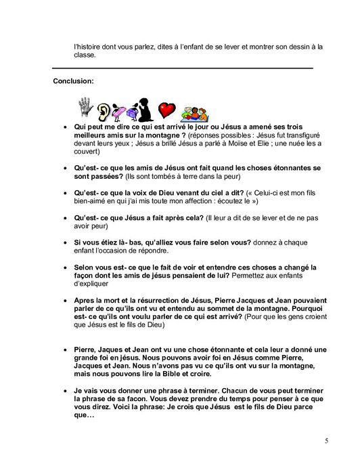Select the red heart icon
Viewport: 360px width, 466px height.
click(166, 110)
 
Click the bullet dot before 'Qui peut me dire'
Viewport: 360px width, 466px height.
click(64, 127)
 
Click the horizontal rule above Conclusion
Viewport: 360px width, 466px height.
click(183, 68)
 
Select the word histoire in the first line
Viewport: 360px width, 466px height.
click(88, 47)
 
